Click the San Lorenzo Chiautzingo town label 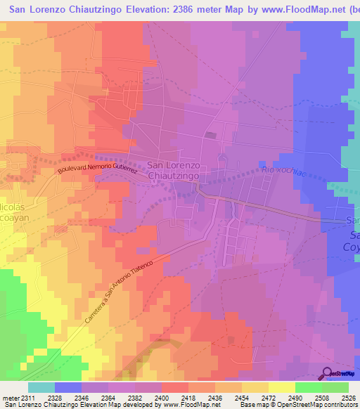tap(174, 170)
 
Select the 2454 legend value tap(241, 398)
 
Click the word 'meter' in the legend tap(10, 398)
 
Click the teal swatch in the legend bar tap(41, 387)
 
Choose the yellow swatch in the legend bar tap(281, 387)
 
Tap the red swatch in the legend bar tap(174, 387)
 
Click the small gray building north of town tap(210, 135)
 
